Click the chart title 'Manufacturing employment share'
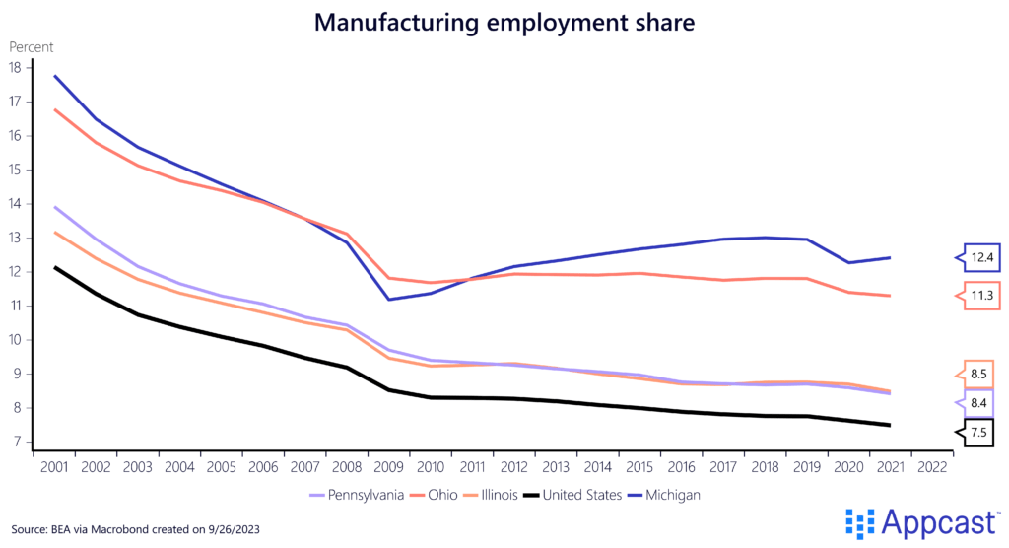[x=504, y=22]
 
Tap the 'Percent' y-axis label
[x=32, y=46]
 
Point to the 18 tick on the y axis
[x=15, y=68]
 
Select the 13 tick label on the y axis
[x=15, y=239]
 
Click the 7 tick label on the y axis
[x=15, y=443]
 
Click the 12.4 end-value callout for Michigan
[x=979, y=257]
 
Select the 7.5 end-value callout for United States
[x=979, y=432]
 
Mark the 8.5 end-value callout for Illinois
[x=979, y=374]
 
